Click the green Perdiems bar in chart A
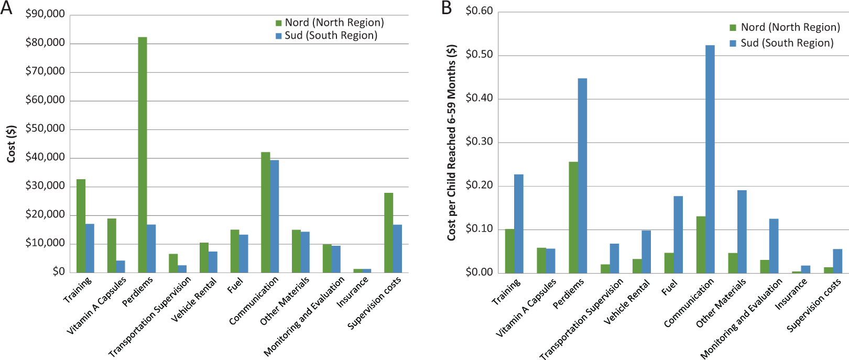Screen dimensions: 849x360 pyautogui.click(x=143, y=155)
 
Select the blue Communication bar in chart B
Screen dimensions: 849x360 pyautogui.click(x=710, y=159)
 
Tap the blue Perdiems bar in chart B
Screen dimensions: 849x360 pyautogui.click(x=583, y=176)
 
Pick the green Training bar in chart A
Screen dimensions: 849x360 pyautogui.click(x=81, y=226)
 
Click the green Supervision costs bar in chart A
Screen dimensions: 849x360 pyautogui.click(x=388, y=233)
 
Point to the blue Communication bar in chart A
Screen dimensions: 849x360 pyautogui.click(x=275, y=216)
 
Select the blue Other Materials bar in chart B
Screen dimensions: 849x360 pyautogui.click(x=742, y=232)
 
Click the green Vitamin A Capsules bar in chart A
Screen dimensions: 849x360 pyautogui.click(x=112, y=246)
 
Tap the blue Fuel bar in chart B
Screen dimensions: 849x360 pyautogui.click(x=678, y=235)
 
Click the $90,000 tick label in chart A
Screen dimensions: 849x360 pyautogui.click(x=45, y=14)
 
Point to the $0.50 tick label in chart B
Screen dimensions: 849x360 pyautogui.click(x=480, y=54)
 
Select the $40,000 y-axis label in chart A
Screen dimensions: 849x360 pyautogui.click(x=45, y=157)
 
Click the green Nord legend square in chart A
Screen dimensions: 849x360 pyautogui.click(x=279, y=23)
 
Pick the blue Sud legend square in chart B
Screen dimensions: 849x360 pyautogui.click(x=733, y=43)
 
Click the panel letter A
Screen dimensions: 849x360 pyautogui.click(x=6, y=8)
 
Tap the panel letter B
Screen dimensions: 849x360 pyautogui.click(x=447, y=8)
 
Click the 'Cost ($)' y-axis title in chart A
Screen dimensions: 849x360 pyautogui.click(x=12, y=144)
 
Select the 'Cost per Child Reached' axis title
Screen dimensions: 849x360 pyautogui.click(x=451, y=143)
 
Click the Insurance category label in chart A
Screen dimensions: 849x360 pyautogui.click(x=353, y=292)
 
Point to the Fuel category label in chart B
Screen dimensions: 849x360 pyautogui.click(x=669, y=287)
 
